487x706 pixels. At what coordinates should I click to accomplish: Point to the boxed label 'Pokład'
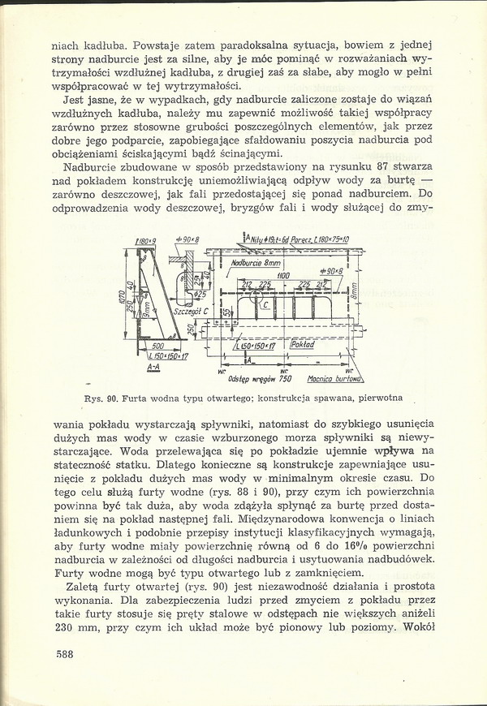pos(302,345)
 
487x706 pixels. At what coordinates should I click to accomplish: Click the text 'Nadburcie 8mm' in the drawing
pos(255,264)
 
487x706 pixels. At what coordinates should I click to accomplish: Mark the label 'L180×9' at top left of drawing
pos(146,241)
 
